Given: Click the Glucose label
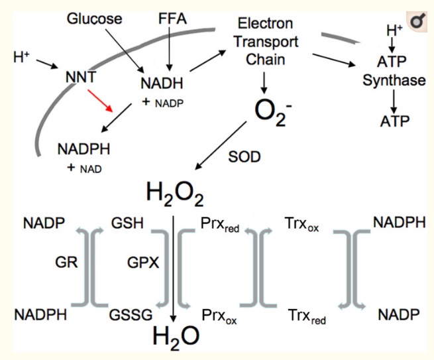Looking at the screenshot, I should pyautogui.click(x=95, y=19).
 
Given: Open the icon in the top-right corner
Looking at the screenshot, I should pyautogui.click(x=417, y=22).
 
